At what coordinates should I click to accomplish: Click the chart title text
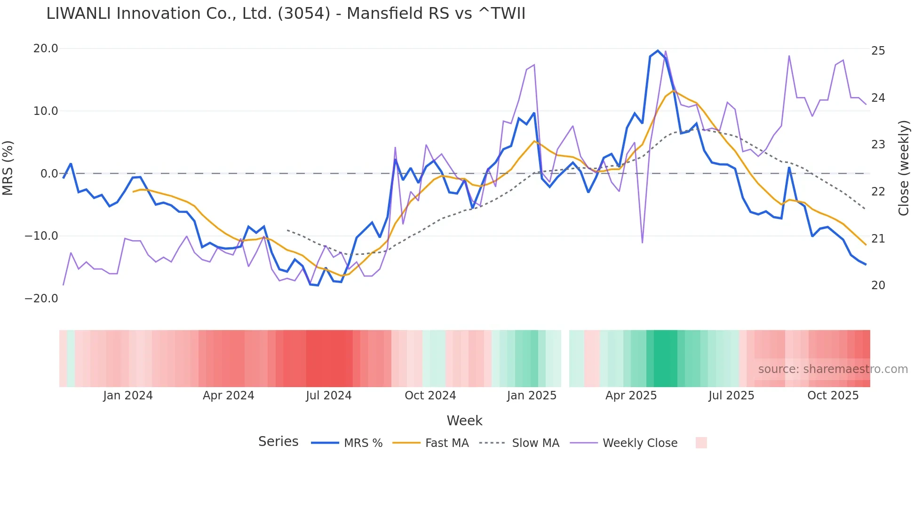286,14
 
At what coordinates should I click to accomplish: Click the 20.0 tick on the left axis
46,49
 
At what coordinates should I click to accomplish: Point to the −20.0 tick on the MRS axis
41,299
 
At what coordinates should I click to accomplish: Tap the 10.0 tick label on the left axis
46,111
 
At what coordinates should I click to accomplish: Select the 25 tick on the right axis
878,51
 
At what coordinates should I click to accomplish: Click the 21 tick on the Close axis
878,239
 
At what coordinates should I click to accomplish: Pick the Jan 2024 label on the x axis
128,396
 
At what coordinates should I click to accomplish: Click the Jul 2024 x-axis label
329,396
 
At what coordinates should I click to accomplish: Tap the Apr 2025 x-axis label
631,396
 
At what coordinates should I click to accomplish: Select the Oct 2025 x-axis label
833,396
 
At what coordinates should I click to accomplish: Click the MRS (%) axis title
8,168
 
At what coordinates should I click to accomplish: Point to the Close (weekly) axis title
904,168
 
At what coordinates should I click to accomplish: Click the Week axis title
464,421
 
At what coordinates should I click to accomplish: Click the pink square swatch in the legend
701,443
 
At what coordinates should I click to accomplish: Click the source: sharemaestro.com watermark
833,369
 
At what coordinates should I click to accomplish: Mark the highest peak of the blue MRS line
658,51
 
